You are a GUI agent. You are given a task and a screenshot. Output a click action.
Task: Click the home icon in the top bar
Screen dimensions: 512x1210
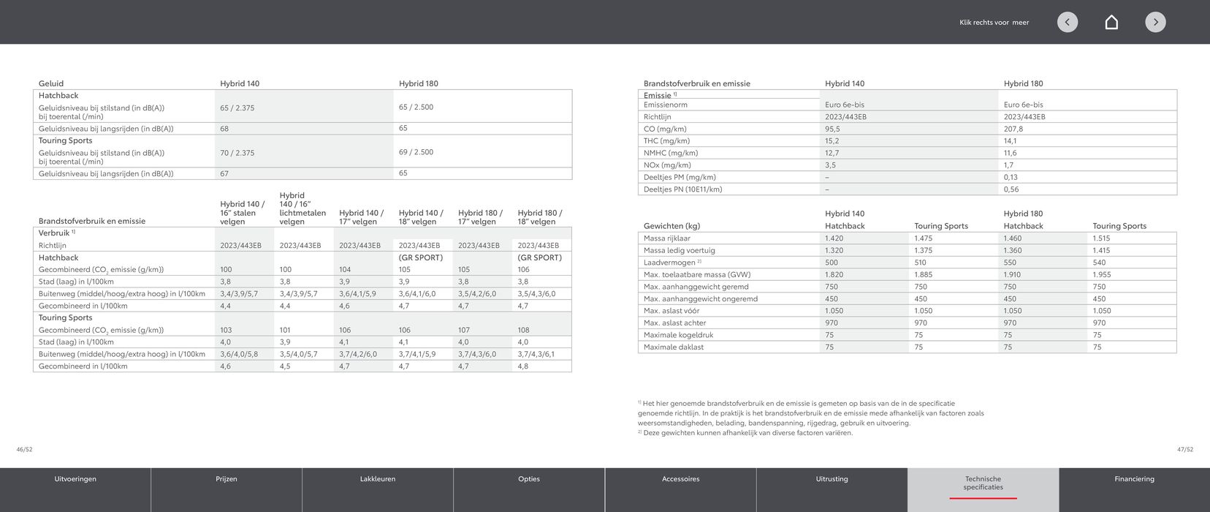1111,22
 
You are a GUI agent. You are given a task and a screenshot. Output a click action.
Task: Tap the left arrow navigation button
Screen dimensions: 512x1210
1067,22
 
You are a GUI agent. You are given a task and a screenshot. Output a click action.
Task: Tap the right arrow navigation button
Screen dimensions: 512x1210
1155,22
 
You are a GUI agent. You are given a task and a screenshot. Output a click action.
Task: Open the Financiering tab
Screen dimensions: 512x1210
1134,480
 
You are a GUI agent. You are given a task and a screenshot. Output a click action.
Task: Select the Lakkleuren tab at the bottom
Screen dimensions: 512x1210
378,480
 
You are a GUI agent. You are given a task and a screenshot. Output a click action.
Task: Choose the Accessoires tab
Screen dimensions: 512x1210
680,480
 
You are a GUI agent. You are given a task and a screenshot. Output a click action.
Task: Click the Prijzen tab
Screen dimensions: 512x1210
227,480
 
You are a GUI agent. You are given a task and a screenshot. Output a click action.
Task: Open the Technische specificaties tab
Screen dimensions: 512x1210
983,483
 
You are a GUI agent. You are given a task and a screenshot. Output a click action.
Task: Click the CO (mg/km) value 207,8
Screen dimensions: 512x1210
1013,129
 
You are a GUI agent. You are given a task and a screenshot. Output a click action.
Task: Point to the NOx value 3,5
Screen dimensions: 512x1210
831,165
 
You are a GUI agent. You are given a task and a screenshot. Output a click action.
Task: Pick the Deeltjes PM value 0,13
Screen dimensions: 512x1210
1011,177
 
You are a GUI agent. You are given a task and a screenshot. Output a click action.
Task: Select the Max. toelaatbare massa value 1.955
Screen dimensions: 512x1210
1101,275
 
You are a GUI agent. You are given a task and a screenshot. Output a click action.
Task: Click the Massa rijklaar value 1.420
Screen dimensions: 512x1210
834,238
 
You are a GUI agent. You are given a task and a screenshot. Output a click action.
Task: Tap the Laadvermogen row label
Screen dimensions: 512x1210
669,263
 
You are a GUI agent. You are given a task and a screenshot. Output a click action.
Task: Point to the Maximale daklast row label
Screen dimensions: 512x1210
673,347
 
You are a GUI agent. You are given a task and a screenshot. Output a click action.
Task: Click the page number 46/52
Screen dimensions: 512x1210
24,450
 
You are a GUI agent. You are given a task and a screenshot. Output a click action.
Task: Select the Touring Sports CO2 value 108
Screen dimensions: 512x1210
523,330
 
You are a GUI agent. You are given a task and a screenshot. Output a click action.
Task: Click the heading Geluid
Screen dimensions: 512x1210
51,83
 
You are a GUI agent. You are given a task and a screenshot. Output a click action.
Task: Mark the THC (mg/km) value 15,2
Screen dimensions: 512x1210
832,141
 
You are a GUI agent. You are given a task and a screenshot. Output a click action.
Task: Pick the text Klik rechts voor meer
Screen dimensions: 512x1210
994,23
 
